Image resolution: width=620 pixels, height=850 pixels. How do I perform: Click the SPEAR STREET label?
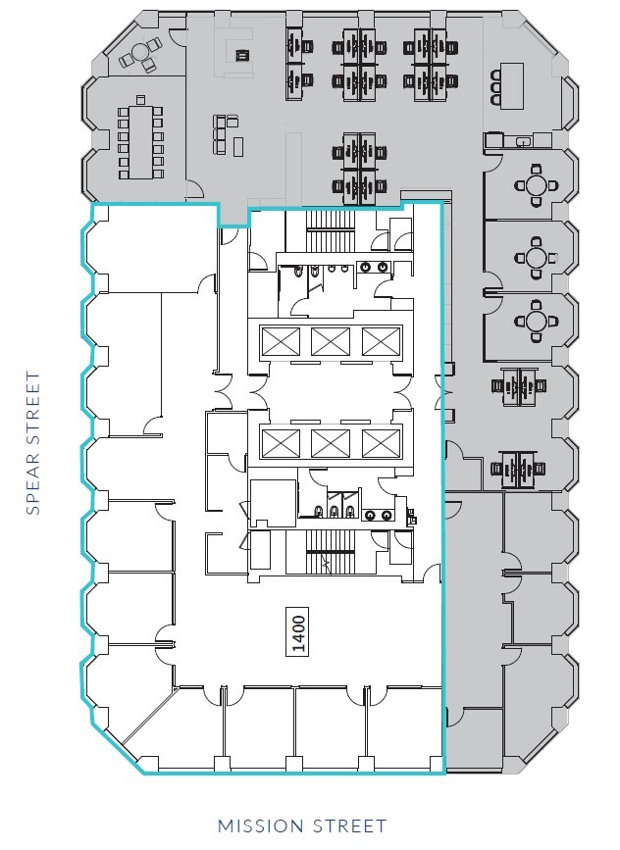[33, 442]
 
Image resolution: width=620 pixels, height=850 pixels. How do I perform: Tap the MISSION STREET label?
[302, 826]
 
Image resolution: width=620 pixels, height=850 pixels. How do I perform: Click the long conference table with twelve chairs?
[137, 142]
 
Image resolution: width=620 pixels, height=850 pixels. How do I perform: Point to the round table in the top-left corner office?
[138, 56]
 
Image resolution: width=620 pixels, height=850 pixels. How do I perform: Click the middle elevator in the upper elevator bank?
[331, 341]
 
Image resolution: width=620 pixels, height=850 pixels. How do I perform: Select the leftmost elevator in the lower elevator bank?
[280, 443]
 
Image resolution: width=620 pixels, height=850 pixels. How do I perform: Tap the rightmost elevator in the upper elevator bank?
[381, 341]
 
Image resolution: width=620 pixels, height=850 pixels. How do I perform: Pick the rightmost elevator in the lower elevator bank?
[381, 443]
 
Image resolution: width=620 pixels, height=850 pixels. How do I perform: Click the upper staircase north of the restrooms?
[324, 237]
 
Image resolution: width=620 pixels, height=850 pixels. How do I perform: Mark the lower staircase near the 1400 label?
[324, 554]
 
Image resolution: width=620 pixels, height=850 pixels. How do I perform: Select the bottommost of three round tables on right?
[536, 321]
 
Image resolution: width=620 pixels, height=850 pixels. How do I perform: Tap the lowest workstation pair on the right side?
[516, 469]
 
